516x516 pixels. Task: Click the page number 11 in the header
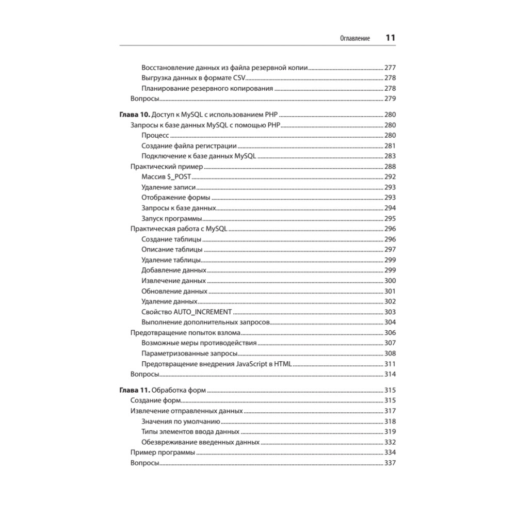pyautogui.click(x=390, y=38)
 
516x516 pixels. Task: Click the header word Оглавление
pyautogui.click(x=354, y=39)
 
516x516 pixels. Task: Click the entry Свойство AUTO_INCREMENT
pyautogui.click(x=186, y=312)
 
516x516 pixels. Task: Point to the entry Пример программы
pyautogui.click(x=163, y=453)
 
